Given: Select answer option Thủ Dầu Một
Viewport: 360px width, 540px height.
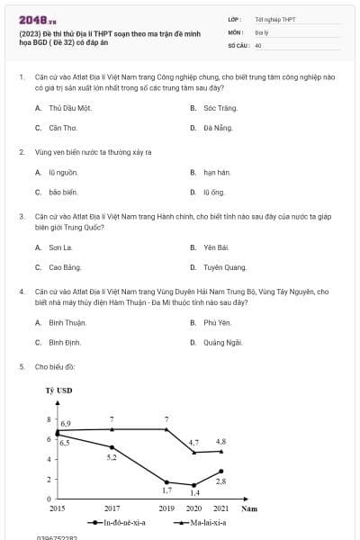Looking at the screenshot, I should (x=71, y=107).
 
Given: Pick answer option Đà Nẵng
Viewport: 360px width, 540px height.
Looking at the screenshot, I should (x=217, y=128).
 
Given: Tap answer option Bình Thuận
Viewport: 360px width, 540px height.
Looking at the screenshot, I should (x=67, y=322).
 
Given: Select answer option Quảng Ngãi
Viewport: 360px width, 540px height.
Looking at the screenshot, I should (x=222, y=343).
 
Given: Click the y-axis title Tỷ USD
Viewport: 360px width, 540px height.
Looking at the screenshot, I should (x=58, y=391).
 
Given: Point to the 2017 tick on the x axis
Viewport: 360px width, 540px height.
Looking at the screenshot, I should (x=112, y=508).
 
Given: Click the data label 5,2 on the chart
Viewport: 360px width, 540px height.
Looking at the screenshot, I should (x=112, y=457).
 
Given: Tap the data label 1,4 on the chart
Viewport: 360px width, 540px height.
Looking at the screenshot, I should (x=194, y=493).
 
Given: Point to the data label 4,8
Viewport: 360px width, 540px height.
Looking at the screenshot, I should (x=221, y=442).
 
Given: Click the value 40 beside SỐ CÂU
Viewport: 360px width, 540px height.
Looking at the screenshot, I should (x=258, y=44).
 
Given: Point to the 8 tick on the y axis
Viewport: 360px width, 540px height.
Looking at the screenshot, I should (x=49, y=420).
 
